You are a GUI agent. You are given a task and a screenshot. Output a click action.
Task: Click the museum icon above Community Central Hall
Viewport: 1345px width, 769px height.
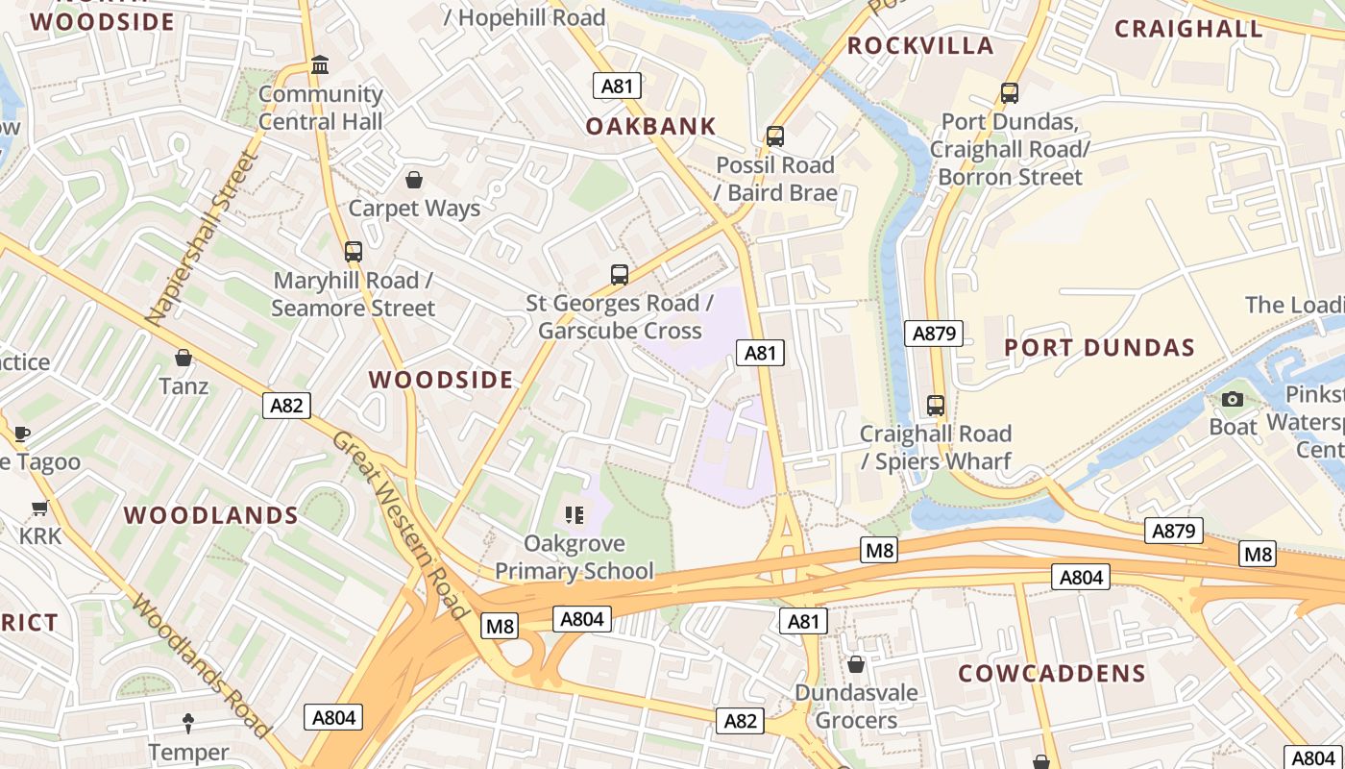(x=320, y=65)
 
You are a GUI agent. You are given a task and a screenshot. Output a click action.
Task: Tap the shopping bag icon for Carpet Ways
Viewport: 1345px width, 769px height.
(x=414, y=180)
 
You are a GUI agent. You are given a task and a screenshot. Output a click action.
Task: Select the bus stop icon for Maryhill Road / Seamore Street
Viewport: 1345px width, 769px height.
(x=354, y=252)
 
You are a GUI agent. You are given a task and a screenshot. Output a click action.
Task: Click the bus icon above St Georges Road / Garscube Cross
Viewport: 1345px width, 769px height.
(x=620, y=275)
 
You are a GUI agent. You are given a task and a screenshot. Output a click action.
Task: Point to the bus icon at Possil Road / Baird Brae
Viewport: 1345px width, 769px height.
(x=775, y=136)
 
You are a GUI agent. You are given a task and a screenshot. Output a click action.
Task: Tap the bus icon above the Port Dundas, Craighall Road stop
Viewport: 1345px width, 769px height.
(x=1009, y=93)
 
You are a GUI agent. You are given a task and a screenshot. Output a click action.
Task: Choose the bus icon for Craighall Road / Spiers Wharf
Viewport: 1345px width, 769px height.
(x=936, y=406)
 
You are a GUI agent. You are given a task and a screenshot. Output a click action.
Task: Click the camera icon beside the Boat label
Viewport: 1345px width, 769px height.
(x=1233, y=399)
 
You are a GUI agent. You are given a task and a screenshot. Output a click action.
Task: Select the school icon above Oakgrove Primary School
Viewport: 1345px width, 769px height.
(x=575, y=515)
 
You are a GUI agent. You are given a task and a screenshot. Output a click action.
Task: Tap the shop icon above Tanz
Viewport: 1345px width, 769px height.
(x=183, y=358)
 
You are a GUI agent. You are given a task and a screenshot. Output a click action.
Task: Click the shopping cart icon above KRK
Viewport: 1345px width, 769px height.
(x=40, y=507)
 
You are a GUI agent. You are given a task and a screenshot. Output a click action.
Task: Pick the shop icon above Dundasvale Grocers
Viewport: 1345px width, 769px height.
(x=856, y=664)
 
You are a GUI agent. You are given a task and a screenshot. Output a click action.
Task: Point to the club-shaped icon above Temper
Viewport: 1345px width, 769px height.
(x=188, y=723)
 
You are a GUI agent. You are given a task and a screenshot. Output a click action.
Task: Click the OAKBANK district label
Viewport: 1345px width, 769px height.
(x=651, y=126)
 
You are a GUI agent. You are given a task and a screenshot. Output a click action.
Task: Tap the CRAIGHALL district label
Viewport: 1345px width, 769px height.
(x=1188, y=29)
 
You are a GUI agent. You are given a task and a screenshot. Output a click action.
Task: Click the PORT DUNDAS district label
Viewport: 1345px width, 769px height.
(x=1099, y=348)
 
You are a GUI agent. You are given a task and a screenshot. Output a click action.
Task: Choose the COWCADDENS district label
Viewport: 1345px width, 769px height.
(x=1052, y=673)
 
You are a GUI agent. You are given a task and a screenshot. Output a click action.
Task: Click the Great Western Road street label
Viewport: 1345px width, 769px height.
(x=399, y=524)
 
